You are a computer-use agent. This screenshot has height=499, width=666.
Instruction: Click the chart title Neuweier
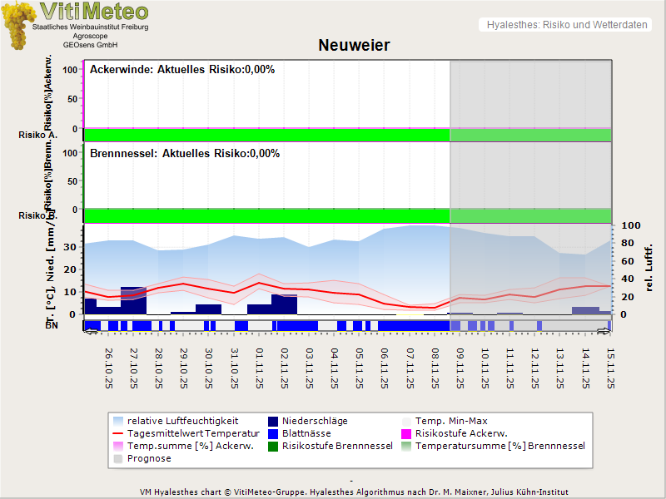354,45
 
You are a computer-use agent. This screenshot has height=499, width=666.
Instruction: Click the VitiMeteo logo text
93,12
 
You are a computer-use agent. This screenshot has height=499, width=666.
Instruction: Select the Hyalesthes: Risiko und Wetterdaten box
565,25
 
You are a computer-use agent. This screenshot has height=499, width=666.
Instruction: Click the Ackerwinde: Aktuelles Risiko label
182,70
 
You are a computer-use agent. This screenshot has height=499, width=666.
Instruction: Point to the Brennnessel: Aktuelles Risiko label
185,154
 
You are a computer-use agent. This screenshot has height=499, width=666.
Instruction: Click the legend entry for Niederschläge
314,422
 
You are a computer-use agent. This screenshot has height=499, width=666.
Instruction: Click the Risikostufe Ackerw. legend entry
460,433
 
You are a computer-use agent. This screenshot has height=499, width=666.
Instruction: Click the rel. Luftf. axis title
649,267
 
